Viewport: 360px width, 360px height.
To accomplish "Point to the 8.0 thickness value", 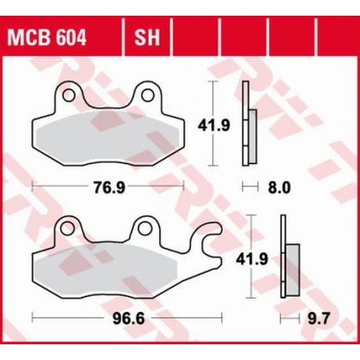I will coord(281,187).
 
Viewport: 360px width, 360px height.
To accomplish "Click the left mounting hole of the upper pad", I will coord(68,96).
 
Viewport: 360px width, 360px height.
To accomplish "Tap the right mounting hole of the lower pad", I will coord(145,230).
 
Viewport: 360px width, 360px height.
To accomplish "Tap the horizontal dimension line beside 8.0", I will coord(250,187).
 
